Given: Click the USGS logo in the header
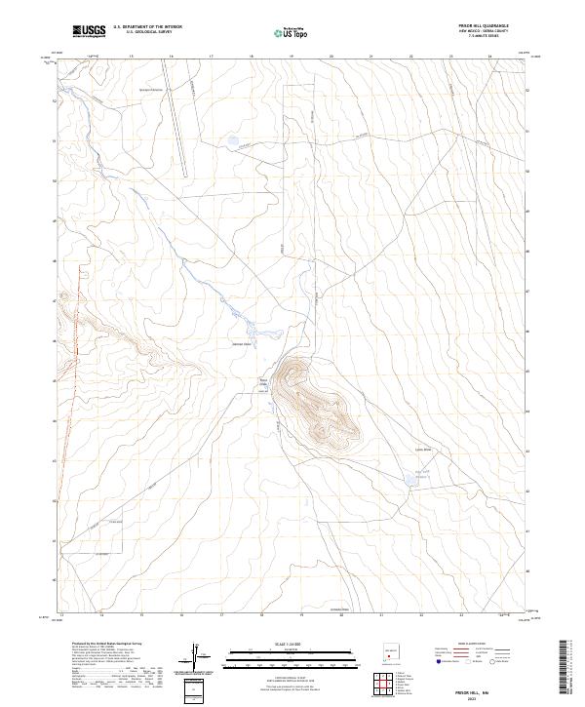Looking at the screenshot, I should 89,32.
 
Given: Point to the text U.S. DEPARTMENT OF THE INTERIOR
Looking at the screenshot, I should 147,27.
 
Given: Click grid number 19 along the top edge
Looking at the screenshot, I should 292,57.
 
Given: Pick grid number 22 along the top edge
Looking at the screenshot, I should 410,57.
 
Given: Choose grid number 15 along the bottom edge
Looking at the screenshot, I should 141,615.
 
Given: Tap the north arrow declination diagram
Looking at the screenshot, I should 197,656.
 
